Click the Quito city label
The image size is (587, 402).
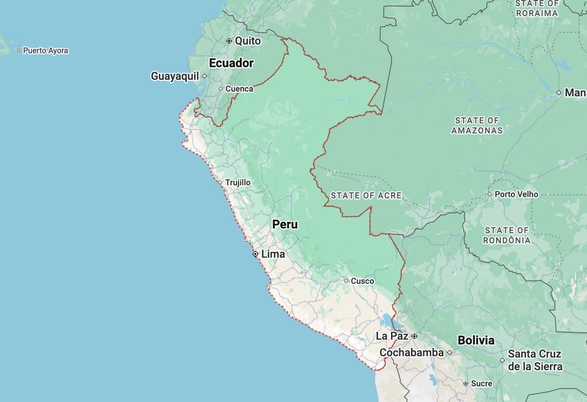pyautogui.click(x=247, y=41)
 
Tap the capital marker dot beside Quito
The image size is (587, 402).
pyautogui.click(x=229, y=41)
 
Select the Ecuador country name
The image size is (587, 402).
pyautogui.click(x=231, y=63)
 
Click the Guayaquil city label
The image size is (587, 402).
pyautogui.click(x=175, y=76)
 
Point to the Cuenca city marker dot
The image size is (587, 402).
pyautogui.click(x=220, y=89)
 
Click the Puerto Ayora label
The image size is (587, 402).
pyautogui.click(x=45, y=51)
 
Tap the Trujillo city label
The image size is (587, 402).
pyautogui.click(x=238, y=183)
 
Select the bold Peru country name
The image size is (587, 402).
pyautogui.click(x=285, y=225)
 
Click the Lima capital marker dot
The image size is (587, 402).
pyautogui.click(x=255, y=254)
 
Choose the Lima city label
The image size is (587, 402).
pyautogui.click(x=273, y=254)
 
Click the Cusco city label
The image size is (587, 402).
pyautogui.click(x=362, y=281)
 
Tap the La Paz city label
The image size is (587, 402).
pyautogui.click(x=392, y=336)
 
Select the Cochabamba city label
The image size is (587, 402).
pyautogui.click(x=412, y=352)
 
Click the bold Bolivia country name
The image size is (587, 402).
pyautogui.click(x=476, y=341)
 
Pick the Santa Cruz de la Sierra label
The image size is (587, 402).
pyautogui.click(x=535, y=360)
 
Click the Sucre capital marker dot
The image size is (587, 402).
pyautogui.click(x=466, y=384)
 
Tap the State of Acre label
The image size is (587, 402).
pyautogui.click(x=366, y=196)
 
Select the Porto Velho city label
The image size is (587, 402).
pyautogui.click(x=516, y=194)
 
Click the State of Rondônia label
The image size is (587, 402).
pyautogui.click(x=507, y=235)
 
